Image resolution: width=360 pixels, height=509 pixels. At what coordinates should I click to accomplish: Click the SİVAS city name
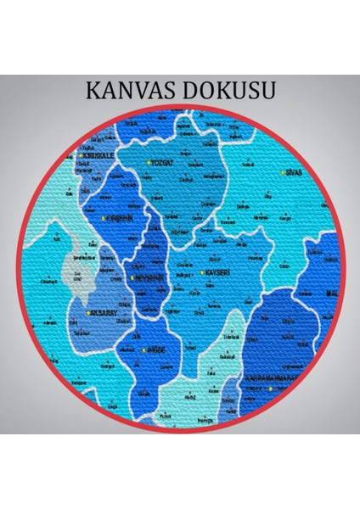(x=295, y=172)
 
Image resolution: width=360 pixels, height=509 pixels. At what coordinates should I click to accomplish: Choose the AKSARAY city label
(x=102, y=312)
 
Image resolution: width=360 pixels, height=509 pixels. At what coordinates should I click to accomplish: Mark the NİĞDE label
(x=165, y=350)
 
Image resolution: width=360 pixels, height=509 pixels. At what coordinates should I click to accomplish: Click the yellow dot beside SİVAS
(x=282, y=172)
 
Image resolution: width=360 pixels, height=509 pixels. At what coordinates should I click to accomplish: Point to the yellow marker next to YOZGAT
(x=149, y=162)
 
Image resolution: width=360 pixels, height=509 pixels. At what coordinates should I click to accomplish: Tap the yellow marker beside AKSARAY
(x=87, y=312)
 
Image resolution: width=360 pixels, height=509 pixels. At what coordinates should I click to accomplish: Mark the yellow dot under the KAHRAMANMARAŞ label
(x=271, y=389)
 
